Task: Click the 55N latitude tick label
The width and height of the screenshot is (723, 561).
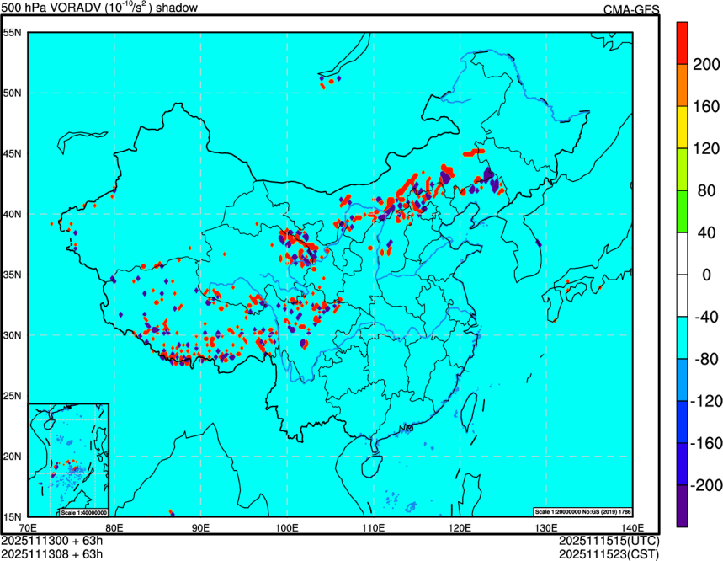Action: point(12,32)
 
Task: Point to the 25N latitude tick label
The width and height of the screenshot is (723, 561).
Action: point(12,396)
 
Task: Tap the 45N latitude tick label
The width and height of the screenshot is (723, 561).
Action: point(12,153)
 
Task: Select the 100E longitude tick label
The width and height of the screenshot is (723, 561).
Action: point(287,527)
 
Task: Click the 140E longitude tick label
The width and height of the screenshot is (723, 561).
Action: point(631,527)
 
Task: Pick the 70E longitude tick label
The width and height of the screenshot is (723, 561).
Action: point(29,527)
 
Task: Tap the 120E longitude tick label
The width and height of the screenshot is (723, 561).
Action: point(460,527)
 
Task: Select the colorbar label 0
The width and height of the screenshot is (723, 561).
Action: point(705,275)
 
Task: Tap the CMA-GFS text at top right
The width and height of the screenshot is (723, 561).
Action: point(631,9)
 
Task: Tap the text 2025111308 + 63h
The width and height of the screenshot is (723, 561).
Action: point(52,553)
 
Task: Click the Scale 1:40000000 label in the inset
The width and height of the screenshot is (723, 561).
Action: point(84,513)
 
